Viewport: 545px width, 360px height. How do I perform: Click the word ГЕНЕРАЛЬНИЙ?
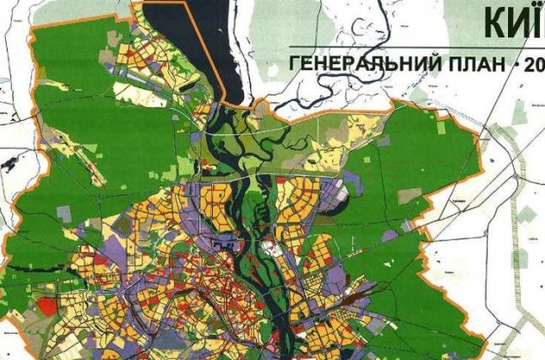pos(362,63)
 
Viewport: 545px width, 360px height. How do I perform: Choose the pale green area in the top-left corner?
pos(13,17)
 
